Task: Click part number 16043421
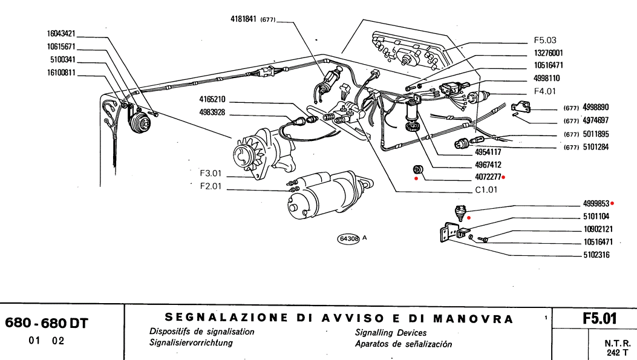(x=61, y=34)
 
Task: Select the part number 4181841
(x=243, y=19)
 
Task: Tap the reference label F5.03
(x=545, y=40)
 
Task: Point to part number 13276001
(x=549, y=53)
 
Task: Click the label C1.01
(x=486, y=190)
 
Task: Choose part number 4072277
(x=488, y=177)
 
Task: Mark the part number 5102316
(x=596, y=255)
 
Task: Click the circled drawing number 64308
(x=348, y=239)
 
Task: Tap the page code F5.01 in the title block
(x=599, y=319)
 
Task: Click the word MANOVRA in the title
(x=473, y=319)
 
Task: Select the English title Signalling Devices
(x=391, y=333)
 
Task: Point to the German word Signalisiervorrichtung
(x=191, y=342)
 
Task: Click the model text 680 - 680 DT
(x=47, y=323)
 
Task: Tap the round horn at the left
(x=139, y=121)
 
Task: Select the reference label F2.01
(x=211, y=186)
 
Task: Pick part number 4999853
(x=596, y=203)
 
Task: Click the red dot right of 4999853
(x=612, y=203)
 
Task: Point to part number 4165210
(x=212, y=100)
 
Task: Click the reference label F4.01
(x=544, y=91)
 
